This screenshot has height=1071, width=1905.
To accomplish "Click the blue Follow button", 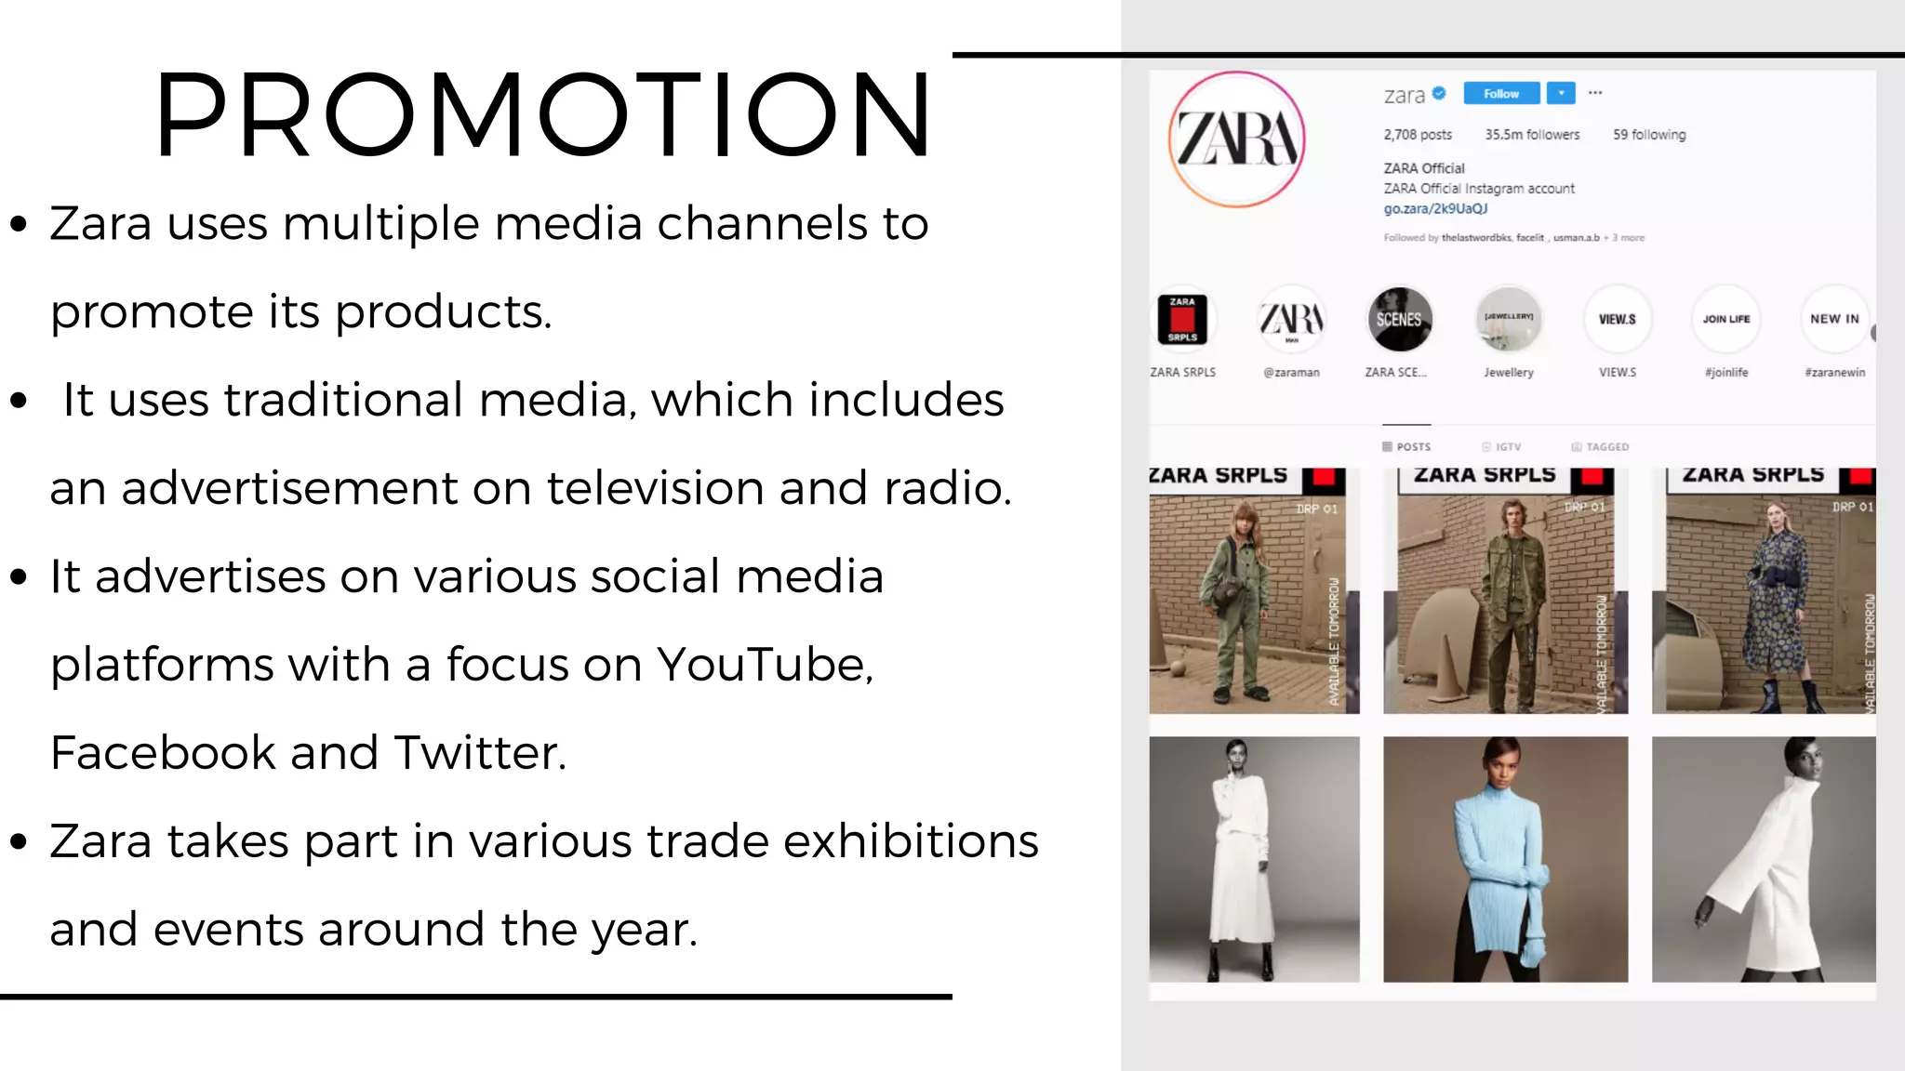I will point(1500,94).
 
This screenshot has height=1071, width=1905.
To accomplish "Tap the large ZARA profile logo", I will point(1236,139).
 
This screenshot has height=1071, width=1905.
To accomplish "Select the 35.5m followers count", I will point(1532,135).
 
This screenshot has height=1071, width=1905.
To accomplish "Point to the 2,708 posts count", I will point(1418,135).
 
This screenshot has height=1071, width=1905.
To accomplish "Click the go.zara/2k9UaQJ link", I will point(1435,209).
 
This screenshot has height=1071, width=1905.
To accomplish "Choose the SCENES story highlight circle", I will point(1399,319).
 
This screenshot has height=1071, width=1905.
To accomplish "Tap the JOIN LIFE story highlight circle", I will point(1726,319).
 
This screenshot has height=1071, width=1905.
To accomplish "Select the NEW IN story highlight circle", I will point(1834,319).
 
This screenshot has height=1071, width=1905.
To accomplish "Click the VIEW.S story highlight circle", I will point(1618,319).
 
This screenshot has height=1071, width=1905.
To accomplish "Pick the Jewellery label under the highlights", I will point(1509,373).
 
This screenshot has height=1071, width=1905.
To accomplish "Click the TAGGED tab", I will point(1601,447).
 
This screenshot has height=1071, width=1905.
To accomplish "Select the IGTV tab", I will point(1502,447).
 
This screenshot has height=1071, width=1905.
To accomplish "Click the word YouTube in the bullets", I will point(764,665).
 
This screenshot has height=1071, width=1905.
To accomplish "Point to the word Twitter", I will point(479,753).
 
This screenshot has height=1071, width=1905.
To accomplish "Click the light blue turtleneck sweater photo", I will point(1505,859).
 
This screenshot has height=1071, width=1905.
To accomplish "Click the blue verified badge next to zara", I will point(1439,93).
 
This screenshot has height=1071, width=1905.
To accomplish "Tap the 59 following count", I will point(1649,135).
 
